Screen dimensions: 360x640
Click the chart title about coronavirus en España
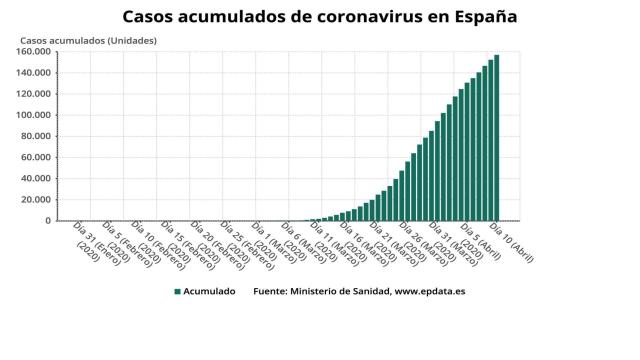point(320,17)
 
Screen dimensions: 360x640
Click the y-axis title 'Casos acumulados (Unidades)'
point(88,40)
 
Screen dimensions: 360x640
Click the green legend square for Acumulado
point(177,292)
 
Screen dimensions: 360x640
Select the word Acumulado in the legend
point(210,292)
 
